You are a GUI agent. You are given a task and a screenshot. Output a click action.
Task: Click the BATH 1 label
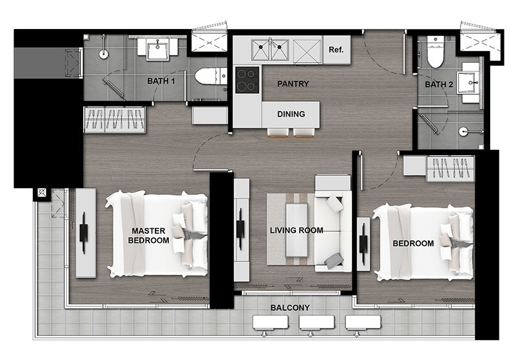[x=161, y=81]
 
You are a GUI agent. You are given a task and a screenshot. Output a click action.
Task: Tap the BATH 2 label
[x=438, y=84]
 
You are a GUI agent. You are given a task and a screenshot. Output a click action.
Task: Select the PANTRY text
[x=293, y=84]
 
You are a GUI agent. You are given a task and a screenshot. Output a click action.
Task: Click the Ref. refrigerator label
[x=336, y=49]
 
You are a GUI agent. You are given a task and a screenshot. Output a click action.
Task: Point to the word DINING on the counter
[x=291, y=114]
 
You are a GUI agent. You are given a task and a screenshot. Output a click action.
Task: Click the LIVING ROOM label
[x=297, y=230]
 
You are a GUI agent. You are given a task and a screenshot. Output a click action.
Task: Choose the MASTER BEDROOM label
[x=149, y=235]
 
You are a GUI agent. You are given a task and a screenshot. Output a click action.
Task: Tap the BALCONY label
[x=290, y=308]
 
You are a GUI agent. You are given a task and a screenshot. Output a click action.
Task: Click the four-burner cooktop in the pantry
[x=247, y=80]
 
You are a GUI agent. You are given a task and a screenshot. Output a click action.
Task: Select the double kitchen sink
[x=270, y=49]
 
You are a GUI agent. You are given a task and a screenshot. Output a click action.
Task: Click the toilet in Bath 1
[x=210, y=76]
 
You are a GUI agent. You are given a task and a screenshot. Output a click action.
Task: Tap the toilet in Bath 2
[x=435, y=52]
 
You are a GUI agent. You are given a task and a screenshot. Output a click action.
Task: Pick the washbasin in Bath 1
[x=158, y=49]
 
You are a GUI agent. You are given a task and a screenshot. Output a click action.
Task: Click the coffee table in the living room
[x=297, y=230]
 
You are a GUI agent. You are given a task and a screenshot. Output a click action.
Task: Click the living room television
[x=240, y=229]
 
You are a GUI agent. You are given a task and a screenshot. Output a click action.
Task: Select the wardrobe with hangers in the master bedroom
[x=114, y=120]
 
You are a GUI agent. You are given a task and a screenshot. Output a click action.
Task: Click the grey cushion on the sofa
[x=334, y=261]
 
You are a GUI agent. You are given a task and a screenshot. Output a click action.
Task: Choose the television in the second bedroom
[x=363, y=243]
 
